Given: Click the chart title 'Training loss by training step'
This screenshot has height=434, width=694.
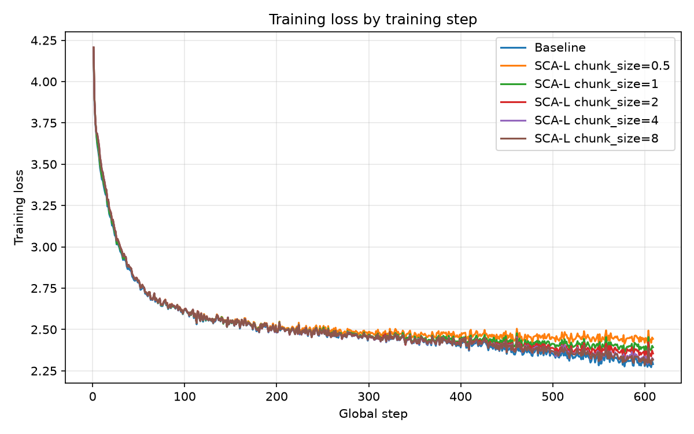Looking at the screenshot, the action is pos(372,20).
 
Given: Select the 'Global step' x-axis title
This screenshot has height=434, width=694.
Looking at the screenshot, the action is pos(373,414).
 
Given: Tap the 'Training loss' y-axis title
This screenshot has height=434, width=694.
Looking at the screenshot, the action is pos(19,207).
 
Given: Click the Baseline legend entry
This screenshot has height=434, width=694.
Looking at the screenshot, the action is pos(543,47).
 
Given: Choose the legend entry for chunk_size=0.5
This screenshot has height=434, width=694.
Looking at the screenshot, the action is pos(585,66).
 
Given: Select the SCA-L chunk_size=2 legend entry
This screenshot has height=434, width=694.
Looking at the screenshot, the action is pos(579,102).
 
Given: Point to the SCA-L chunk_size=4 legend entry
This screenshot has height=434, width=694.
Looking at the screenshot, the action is pos(579,120).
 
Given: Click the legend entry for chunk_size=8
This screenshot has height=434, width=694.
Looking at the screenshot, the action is pos(579,138).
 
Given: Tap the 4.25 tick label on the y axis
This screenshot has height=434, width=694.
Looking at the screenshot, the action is pos(44,41).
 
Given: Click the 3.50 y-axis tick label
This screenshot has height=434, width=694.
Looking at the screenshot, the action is pos(44,164).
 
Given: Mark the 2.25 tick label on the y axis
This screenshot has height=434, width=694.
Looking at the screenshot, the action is pos(44,371).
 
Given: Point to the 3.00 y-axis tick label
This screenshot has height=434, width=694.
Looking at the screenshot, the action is pos(44,247).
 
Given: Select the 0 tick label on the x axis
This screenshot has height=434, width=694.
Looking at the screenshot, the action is pos(93,397).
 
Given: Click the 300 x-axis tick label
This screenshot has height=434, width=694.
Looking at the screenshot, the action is pos(369,397).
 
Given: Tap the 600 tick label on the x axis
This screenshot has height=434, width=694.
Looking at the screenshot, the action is pos(645,397).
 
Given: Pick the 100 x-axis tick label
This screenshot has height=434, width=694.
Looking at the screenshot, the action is pos(184,397).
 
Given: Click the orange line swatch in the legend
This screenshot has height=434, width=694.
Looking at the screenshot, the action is pos(514,66).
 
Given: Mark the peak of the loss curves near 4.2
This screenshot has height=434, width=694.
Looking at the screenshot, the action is pos(93,47).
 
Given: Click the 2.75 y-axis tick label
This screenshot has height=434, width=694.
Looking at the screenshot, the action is pos(44,288).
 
